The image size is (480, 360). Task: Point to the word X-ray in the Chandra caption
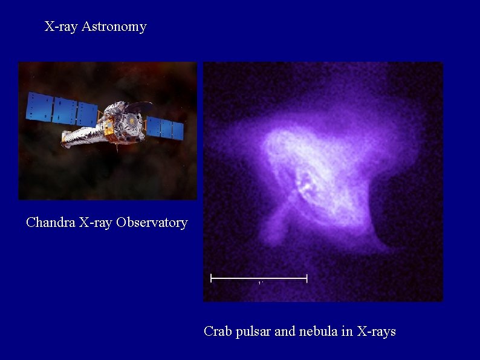coord(96,223)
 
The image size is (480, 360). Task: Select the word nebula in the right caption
coord(318,332)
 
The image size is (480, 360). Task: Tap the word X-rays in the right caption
coord(377,332)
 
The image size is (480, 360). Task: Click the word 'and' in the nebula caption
coord(284,332)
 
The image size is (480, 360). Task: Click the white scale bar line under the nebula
coord(259,278)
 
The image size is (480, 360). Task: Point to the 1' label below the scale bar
coord(260,283)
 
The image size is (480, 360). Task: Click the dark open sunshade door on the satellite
coord(139,107)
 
